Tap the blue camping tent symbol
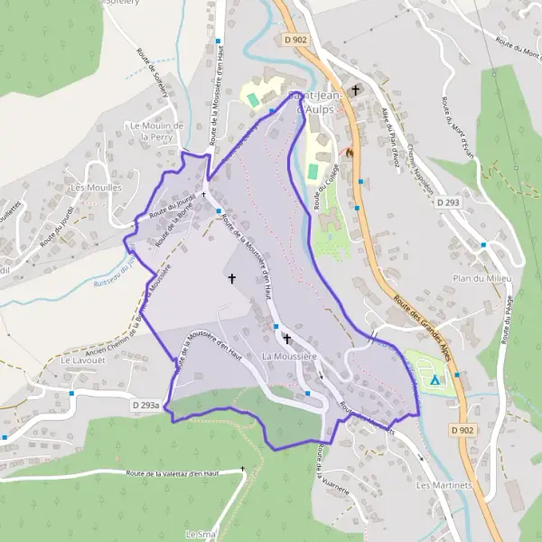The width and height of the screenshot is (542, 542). pos(435,381)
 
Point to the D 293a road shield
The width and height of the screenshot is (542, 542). pos(150,406)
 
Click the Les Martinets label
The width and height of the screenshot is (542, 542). pos(440,485)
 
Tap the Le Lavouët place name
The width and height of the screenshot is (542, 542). pos(78,360)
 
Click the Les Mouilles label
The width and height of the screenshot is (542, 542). pos(89,188)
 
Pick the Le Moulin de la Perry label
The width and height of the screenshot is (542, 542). pos(157,131)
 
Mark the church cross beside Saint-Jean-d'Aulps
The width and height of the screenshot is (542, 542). pos(356,90)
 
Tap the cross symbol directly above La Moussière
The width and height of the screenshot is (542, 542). pos(287,340)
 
